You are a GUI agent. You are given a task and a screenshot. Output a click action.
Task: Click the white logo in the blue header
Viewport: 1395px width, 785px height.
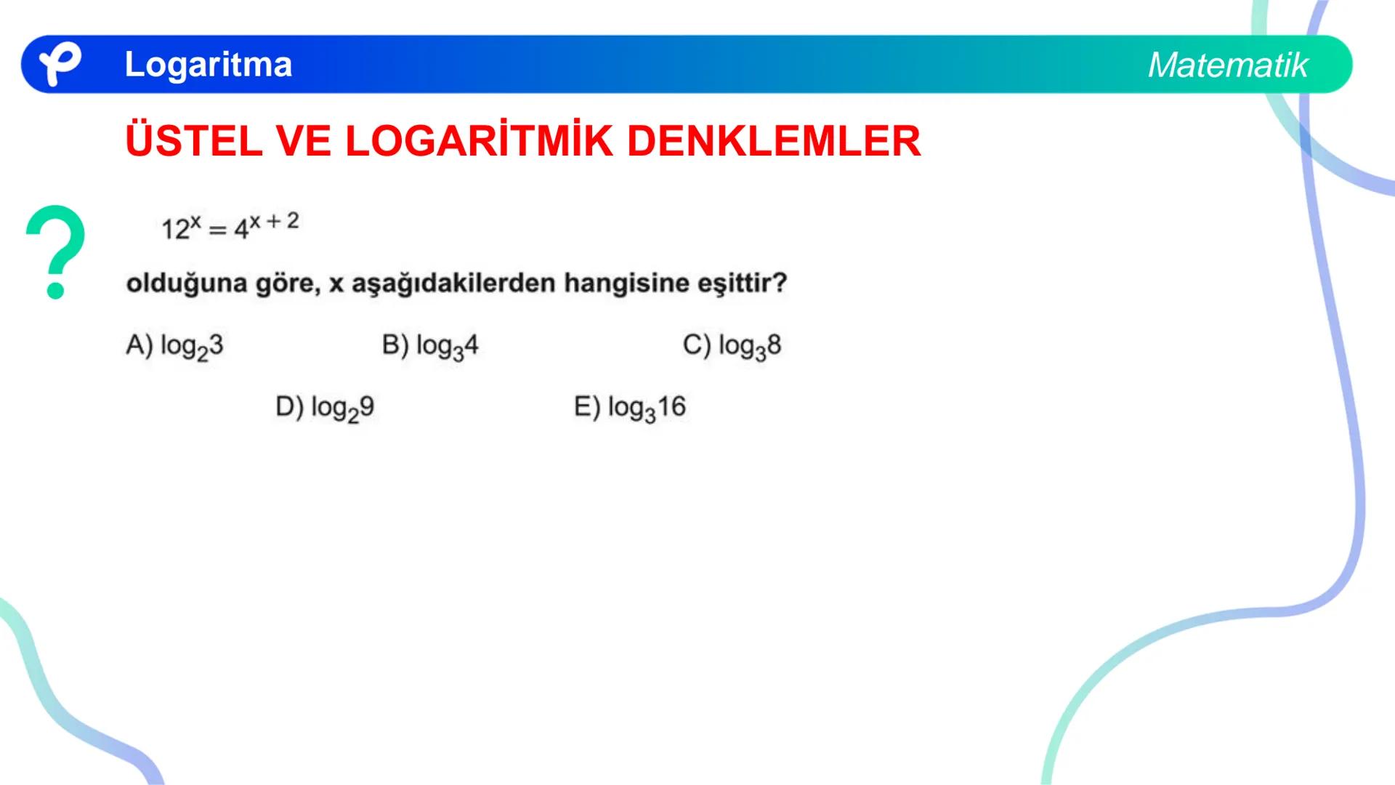(59, 64)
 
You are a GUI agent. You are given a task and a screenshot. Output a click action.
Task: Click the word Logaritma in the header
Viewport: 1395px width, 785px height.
(208, 64)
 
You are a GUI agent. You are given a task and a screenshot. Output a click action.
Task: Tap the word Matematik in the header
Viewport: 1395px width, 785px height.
(1227, 65)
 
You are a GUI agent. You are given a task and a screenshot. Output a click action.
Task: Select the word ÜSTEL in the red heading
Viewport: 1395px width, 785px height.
(193, 141)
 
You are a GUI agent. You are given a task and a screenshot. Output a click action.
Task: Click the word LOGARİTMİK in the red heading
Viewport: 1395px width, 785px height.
(479, 141)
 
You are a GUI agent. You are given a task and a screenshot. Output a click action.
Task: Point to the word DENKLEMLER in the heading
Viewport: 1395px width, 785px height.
(773, 141)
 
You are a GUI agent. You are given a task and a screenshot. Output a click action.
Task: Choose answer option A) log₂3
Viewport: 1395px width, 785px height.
(174, 346)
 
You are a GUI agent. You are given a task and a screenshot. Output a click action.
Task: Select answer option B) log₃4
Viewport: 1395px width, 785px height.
(430, 346)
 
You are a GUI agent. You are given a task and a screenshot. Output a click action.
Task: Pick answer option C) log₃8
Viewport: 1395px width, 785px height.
(732, 346)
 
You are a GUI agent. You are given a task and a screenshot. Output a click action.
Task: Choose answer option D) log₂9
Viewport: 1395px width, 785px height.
(325, 408)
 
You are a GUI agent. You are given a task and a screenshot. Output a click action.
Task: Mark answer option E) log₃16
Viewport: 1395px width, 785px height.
(629, 408)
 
